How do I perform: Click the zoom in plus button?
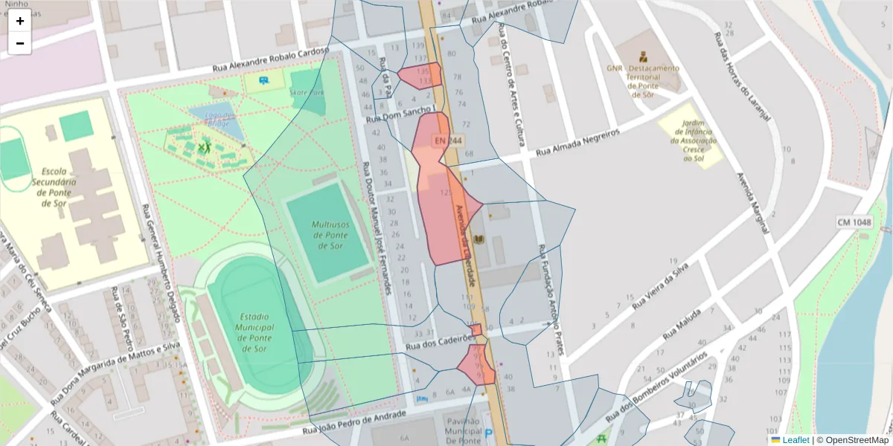tap(20, 21)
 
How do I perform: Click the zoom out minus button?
tap(20, 43)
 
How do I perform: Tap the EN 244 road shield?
tap(449, 140)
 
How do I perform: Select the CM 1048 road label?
tap(853, 222)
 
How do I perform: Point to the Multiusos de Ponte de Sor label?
tap(330, 235)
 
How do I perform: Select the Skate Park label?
tap(307, 93)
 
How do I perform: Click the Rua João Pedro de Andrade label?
tap(354, 421)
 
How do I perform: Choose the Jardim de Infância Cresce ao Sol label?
tap(693, 142)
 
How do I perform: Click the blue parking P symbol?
tap(488, 433)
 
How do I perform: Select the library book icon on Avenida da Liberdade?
tap(478, 239)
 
